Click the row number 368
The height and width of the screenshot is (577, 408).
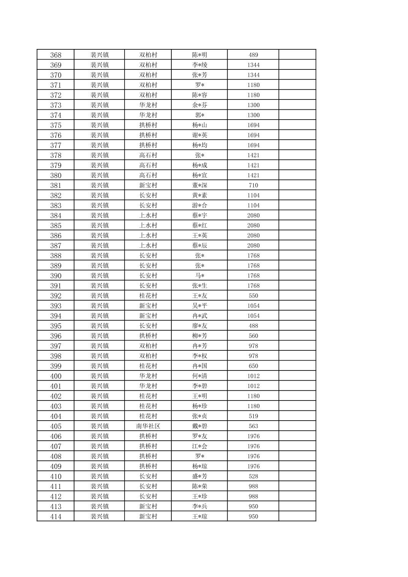coord(55,55)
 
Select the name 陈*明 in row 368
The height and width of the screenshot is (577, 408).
coord(199,55)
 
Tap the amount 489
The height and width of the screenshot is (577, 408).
coord(253,55)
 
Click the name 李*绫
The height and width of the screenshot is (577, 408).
coord(199,65)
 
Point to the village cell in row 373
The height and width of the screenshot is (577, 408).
coord(148,105)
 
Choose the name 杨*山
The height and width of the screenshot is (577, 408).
coord(199,125)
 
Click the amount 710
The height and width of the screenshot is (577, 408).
coord(253,186)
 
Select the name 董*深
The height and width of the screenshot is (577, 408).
coord(199,186)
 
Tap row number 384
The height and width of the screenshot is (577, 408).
coord(55,216)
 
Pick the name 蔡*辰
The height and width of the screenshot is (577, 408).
coord(199,246)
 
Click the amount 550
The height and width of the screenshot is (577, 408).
coord(253,296)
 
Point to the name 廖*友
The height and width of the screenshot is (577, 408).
coord(199,326)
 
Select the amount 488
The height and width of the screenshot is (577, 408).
coord(253,326)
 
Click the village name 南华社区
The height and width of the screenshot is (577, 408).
coord(148,426)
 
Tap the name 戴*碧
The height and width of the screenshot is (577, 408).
coord(199,426)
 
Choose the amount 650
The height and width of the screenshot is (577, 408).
coord(253,366)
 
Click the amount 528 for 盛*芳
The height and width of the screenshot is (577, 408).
coord(253,476)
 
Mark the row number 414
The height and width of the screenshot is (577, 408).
coord(55,516)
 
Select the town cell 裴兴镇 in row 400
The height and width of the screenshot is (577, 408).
coord(100,376)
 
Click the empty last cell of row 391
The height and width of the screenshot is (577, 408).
coord(297,286)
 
